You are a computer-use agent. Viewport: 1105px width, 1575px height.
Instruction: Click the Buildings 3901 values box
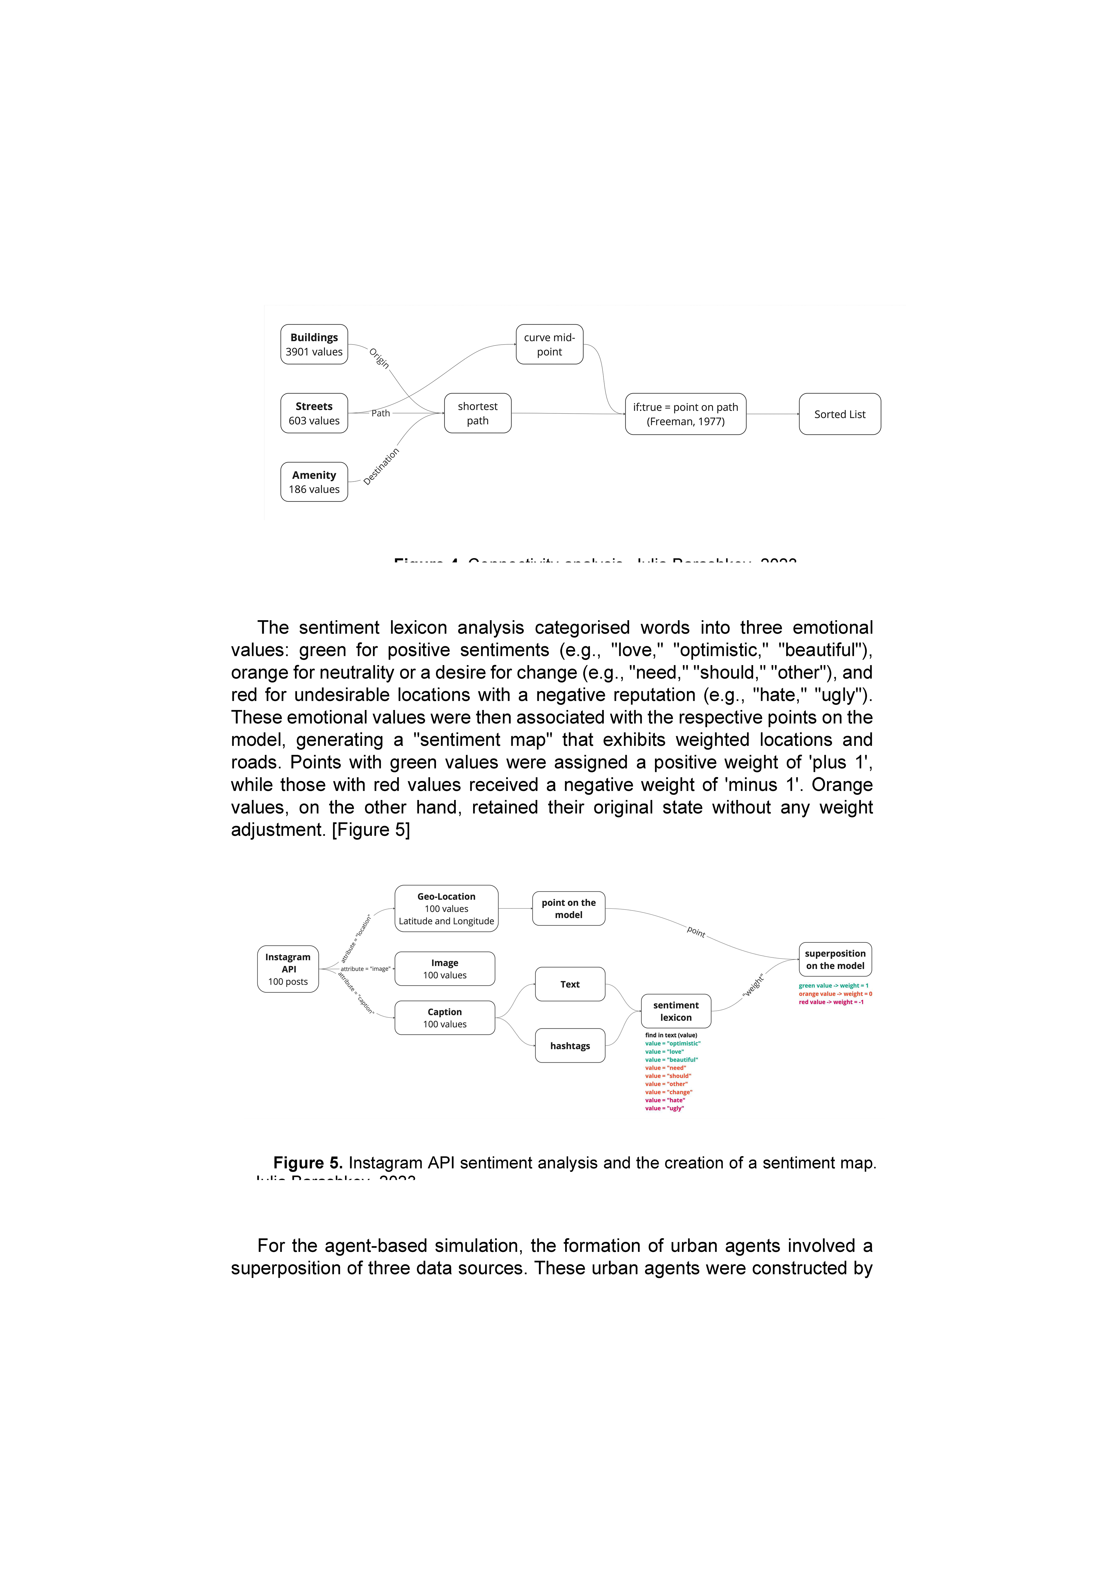coord(314,344)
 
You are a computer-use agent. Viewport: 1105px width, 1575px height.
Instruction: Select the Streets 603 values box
coord(314,413)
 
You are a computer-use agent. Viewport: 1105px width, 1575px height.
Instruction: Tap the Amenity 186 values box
coord(314,482)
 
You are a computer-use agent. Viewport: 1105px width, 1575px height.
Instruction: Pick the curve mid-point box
coord(549,344)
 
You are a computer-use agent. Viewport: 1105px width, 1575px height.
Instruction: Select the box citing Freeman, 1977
coord(685,414)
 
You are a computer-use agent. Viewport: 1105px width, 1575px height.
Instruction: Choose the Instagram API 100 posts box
coord(287,969)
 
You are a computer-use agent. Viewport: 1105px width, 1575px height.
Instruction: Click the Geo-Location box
coord(446,908)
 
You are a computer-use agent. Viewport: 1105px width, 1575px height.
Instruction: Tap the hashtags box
coord(570,1045)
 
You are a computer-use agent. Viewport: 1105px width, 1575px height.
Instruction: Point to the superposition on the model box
coord(835,959)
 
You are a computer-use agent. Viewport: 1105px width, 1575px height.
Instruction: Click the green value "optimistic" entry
coord(672,1043)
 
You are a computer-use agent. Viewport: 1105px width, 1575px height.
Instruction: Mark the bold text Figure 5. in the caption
coord(308,1163)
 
